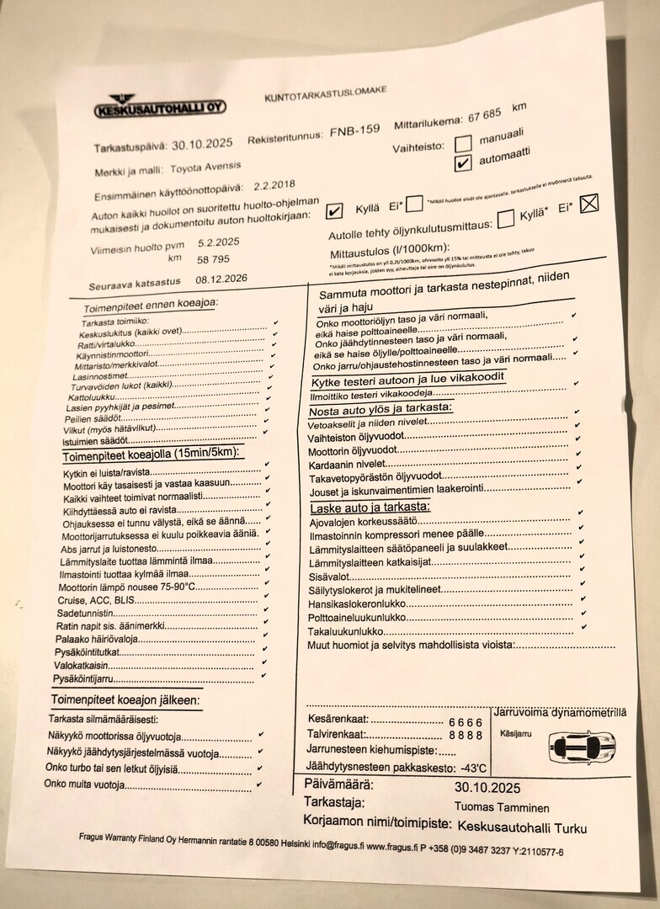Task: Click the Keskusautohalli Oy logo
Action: (x=159, y=106)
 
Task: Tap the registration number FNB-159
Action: (x=353, y=132)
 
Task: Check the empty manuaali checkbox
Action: (x=463, y=145)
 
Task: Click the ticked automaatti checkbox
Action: (x=462, y=164)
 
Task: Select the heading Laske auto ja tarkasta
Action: (x=370, y=508)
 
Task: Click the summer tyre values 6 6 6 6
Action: (x=466, y=722)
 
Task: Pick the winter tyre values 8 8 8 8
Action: (x=465, y=735)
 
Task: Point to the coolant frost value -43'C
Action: (x=474, y=768)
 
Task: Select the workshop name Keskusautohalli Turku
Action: (x=522, y=827)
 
